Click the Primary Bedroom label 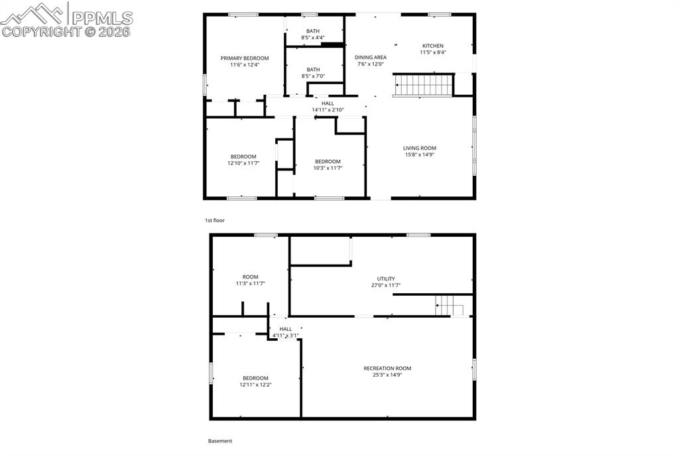pyautogui.click(x=244, y=58)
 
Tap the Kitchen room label pyautogui.click(x=432, y=46)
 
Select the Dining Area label pyautogui.click(x=371, y=58)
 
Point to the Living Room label pyautogui.click(x=420, y=148)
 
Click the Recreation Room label pyautogui.click(x=387, y=368)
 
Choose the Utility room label pyautogui.click(x=386, y=279)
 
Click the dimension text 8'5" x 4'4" pyautogui.click(x=313, y=38)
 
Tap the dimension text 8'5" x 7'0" pyautogui.click(x=313, y=76)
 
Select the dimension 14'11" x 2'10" pyautogui.click(x=328, y=110)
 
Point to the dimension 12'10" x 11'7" pyautogui.click(x=243, y=163)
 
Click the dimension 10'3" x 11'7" pyautogui.click(x=328, y=168)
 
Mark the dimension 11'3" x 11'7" pyautogui.click(x=250, y=284)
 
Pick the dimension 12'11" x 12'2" pyautogui.click(x=255, y=385)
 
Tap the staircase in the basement pyautogui.click(x=449, y=306)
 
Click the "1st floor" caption pyautogui.click(x=215, y=220)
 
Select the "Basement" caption pyautogui.click(x=220, y=440)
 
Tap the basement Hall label pyautogui.click(x=285, y=329)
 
